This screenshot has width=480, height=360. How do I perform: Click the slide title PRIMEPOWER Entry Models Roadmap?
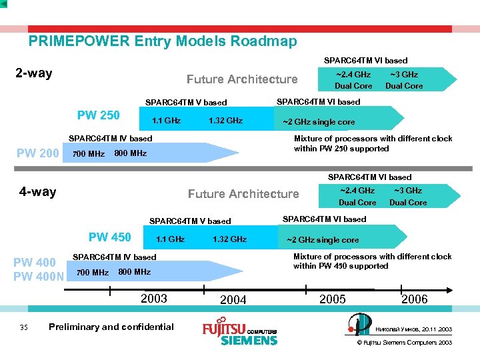click(x=163, y=41)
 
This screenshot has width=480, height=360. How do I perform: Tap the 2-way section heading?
click(x=33, y=73)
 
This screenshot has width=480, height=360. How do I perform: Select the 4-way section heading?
click(x=37, y=192)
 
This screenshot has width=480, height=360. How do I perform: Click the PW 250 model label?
click(x=99, y=115)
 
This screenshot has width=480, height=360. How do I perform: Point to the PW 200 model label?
click(x=37, y=154)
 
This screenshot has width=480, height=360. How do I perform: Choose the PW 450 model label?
click(x=110, y=237)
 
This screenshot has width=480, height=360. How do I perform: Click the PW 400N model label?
click(x=39, y=276)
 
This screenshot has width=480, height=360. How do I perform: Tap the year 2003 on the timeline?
click(x=154, y=298)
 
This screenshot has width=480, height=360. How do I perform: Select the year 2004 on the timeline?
click(x=233, y=300)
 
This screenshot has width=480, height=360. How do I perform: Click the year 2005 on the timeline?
click(x=333, y=299)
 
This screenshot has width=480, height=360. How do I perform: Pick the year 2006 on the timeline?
click(x=414, y=299)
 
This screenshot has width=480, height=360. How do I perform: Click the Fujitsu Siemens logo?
click(x=239, y=333)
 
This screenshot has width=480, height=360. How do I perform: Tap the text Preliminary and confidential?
click(x=111, y=327)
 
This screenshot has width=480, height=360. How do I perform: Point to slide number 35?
click(x=24, y=327)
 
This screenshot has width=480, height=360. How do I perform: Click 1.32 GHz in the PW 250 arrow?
click(x=225, y=121)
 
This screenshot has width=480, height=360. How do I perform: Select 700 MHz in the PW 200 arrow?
click(x=88, y=154)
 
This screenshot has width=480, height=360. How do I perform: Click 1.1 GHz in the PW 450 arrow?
click(x=170, y=239)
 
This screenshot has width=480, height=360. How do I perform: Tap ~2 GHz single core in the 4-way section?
click(x=323, y=240)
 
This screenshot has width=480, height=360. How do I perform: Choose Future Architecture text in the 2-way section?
click(x=242, y=79)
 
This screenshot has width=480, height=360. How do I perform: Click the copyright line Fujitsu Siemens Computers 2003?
click(x=404, y=343)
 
